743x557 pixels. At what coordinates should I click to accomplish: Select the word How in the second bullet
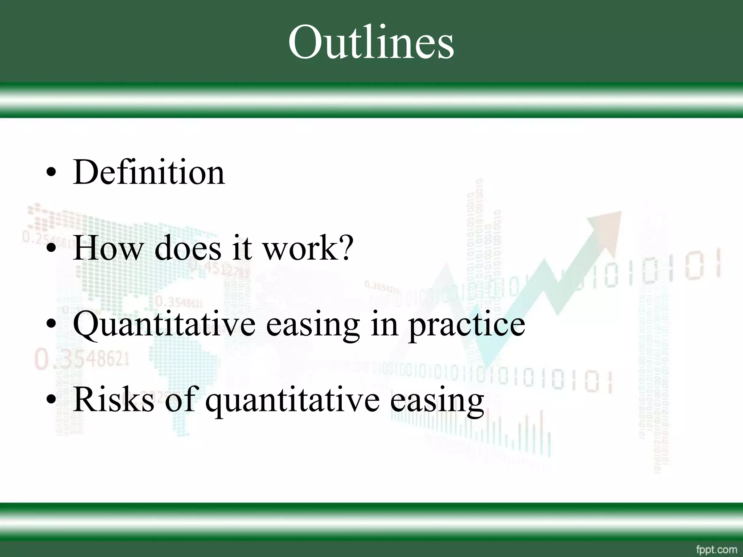(x=107, y=248)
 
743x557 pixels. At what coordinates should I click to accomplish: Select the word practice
(x=467, y=325)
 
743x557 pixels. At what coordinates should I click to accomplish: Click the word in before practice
(x=384, y=324)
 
